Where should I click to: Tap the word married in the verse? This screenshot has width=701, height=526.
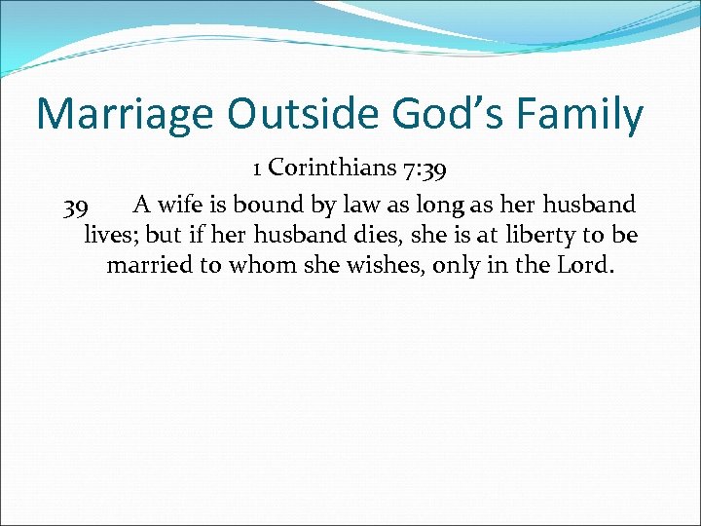coord(150,265)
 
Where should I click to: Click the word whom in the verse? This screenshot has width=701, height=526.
coord(263,265)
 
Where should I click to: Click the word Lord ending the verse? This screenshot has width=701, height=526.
coord(581,265)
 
